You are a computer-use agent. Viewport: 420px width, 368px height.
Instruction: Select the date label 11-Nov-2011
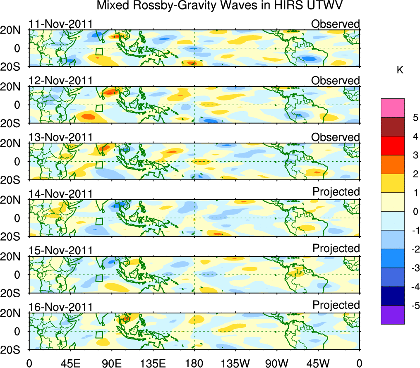click(60, 24)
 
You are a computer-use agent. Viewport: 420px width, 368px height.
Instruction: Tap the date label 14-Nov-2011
click(60, 194)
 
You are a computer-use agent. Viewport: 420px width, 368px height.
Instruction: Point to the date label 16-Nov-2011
click(60, 307)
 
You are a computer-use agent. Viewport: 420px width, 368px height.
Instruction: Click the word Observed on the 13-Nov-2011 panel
click(336, 137)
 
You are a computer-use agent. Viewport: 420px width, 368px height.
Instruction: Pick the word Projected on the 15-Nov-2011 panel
click(336, 249)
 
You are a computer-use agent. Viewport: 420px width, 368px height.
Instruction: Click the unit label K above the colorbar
click(400, 71)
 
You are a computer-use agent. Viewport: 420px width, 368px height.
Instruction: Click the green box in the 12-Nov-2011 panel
click(99, 108)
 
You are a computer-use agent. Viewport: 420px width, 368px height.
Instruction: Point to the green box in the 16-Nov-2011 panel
click(99, 335)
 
